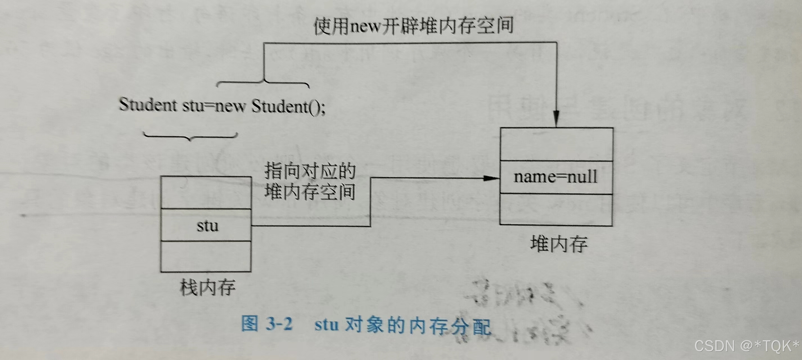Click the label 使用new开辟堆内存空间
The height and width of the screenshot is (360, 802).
point(414,26)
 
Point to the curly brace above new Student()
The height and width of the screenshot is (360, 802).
point(263,84)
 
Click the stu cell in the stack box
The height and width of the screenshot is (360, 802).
point(206,226)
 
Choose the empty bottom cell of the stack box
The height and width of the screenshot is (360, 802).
point(206,256)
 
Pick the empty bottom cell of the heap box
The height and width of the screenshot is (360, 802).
point(556,210)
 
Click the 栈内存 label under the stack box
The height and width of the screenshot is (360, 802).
point(207,287)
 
